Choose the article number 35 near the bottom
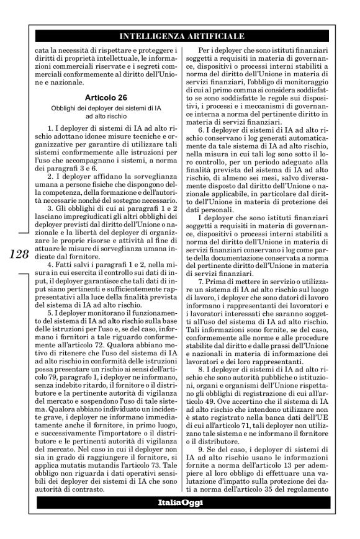280,488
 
